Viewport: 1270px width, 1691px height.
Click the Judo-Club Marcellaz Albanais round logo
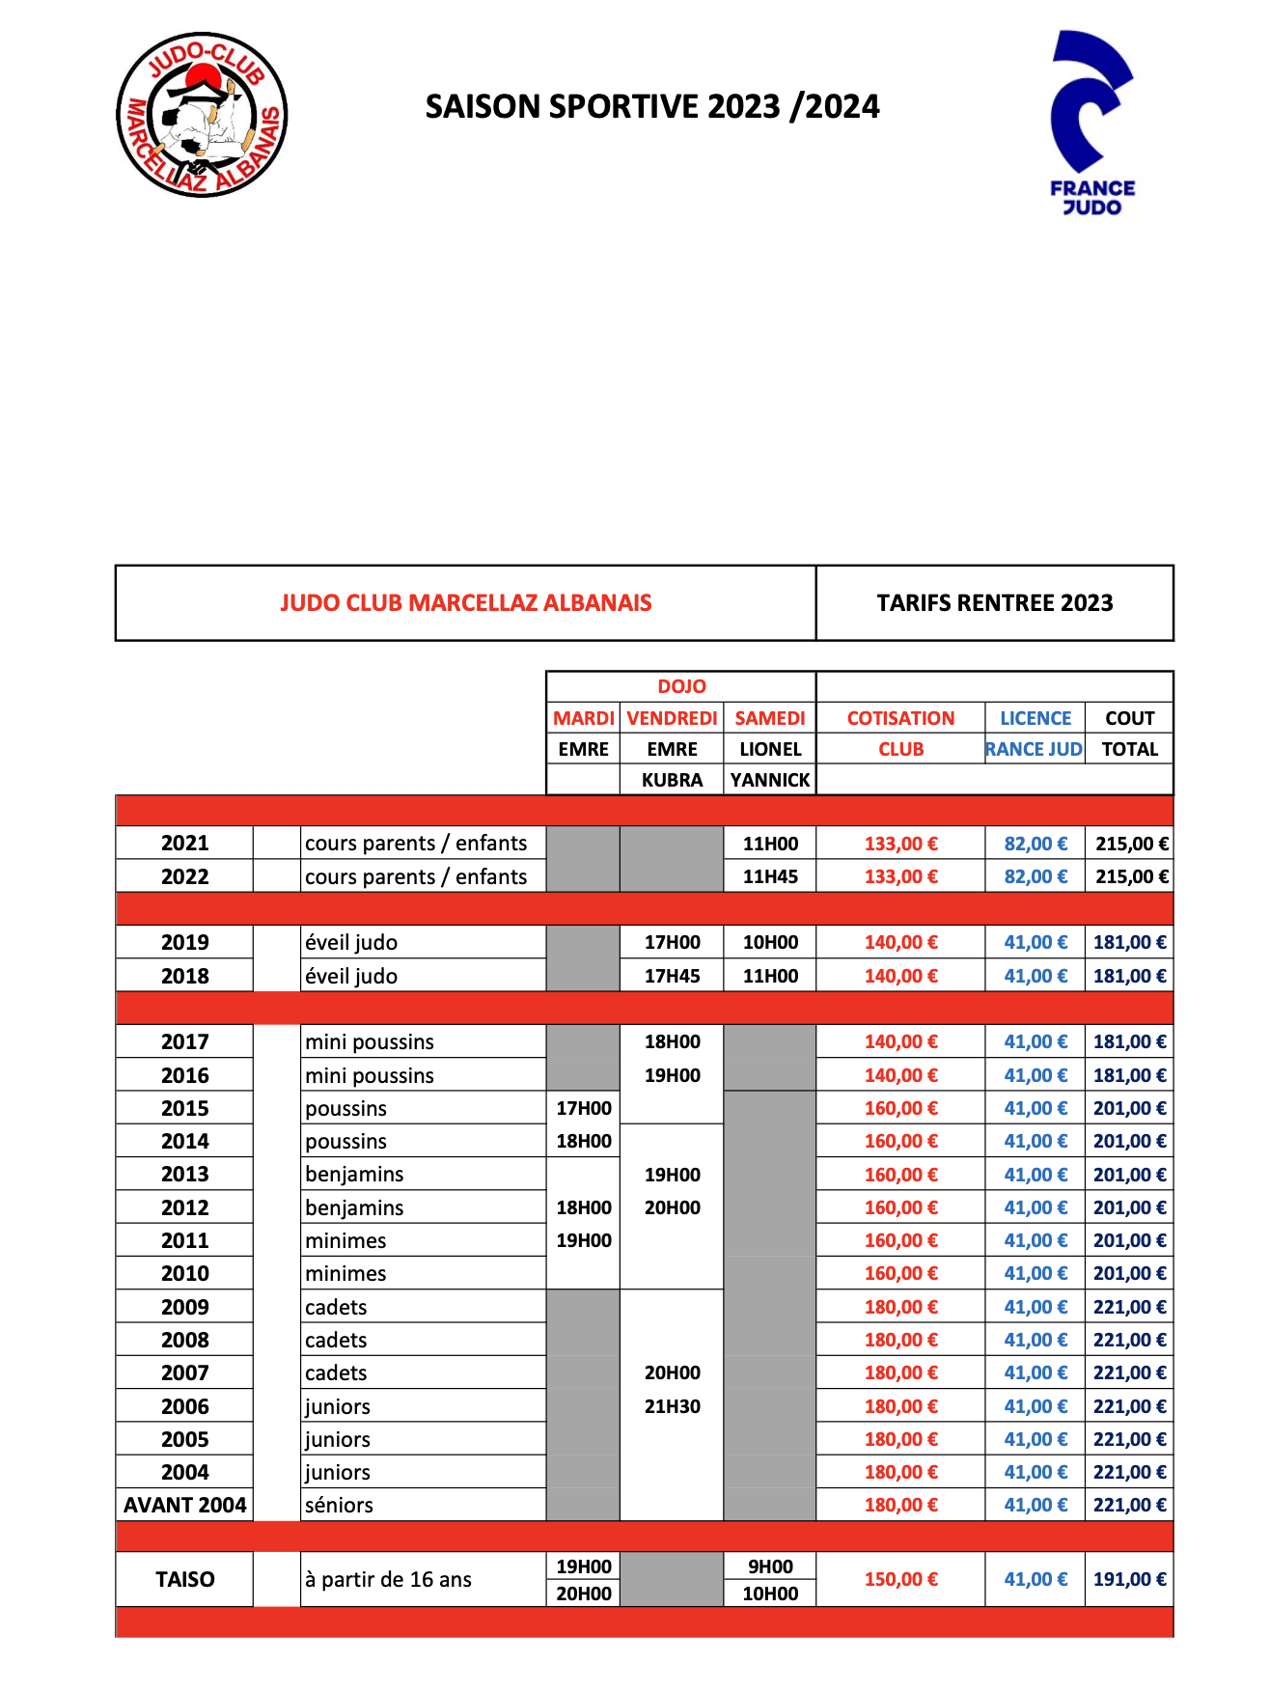pyautogui.click(x=202, y=115)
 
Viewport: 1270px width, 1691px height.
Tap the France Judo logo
pyautogui.click(x=1092, y=122)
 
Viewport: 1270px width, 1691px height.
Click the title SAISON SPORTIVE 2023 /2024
pyautogui.click(x=652, y=106)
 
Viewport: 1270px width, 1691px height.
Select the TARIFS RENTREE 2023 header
pyautogui.click(x=994, y=603)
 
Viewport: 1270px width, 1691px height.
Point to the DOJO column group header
pyautogui.click(x=681, y=686)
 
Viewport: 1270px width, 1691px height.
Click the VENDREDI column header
pyautogui.click(x=672, y=718)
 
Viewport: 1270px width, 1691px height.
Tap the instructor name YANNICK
pyautogui.click(x=770, y=780)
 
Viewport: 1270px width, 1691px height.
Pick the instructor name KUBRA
pyautogui.click(x=672, y=780)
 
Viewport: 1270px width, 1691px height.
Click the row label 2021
pyautogui.click(x=184, y=843)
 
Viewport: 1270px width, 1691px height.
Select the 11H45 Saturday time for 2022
pyautogui.click(x=770, y=876)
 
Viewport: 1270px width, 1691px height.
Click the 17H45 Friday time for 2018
pyautogui.click(x=672, y=976)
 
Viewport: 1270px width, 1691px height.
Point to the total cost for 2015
pyautogui.click(x=1129, y=1108)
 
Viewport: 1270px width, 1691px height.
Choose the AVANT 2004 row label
pyautogui.click(x=184, y=1505)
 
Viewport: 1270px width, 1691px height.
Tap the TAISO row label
pyautogui.click(x=184, y=1580)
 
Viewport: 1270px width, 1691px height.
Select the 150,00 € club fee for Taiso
pyautogui.click(x=900, y=1580)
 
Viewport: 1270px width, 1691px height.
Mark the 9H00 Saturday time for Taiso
pyautogui.click(x=770, y=1566)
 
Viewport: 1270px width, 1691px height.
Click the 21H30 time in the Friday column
pyautogui.click(x=672, y=1406)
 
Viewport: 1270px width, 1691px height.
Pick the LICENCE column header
pyautogui.click(x=1035, y=718)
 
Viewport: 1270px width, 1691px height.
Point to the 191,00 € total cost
pyautogui.click(x=1129, y=1580)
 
